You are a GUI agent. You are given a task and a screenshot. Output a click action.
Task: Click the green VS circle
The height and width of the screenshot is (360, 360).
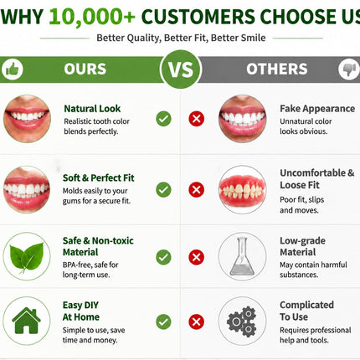181,69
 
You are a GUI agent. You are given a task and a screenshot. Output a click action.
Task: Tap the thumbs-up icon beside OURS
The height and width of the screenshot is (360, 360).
13,69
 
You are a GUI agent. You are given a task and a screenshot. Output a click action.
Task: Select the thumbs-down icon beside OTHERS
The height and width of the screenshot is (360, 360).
349,69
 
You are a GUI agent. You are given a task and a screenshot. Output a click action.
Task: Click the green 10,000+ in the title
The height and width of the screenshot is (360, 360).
92,17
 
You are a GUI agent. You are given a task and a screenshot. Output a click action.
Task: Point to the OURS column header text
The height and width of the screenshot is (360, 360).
85,69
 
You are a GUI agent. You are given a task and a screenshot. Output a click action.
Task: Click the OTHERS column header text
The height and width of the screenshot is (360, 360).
277,69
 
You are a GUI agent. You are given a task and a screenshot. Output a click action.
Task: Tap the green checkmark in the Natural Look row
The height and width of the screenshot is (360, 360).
163,119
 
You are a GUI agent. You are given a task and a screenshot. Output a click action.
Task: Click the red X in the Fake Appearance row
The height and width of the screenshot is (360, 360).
196,119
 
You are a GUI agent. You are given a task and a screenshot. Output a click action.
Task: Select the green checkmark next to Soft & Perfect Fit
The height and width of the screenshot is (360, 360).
163,190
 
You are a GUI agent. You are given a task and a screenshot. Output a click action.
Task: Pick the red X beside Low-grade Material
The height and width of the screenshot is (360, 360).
196,257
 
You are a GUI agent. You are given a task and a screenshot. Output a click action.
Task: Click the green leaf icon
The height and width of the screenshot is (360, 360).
26,257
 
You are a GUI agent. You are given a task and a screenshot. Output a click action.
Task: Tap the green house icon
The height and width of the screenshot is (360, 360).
26,321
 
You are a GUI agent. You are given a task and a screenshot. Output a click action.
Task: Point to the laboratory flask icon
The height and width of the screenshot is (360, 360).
242,256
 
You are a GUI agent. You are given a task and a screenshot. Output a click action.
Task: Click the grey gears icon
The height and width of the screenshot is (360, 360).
242,321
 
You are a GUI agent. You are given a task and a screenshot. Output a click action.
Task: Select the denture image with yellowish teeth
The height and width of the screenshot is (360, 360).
242,190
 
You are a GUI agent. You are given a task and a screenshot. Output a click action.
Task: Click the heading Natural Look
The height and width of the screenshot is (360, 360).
92,109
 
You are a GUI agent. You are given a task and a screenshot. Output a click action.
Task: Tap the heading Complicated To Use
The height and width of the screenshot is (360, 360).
306,311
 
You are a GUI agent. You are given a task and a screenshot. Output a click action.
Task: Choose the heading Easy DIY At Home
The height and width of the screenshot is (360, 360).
81,311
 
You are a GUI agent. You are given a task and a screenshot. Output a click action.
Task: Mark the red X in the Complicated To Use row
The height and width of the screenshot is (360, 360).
196,321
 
